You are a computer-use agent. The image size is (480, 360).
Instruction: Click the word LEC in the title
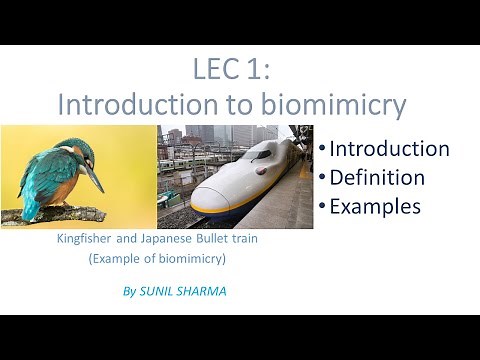216,71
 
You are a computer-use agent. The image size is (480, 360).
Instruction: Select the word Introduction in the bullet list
389,149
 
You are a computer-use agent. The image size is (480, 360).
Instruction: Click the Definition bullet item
377,178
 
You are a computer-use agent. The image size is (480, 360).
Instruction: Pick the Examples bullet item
375,207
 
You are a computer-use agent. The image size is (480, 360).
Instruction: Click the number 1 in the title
259,71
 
